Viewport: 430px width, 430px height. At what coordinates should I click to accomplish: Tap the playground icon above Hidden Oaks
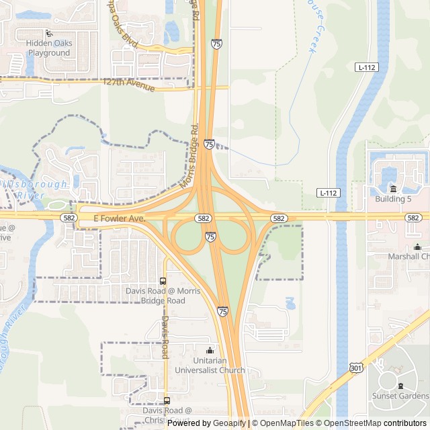(48, 33)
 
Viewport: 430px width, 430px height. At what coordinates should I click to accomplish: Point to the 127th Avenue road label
(129, 85)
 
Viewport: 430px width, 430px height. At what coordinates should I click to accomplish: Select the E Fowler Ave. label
(119, 218)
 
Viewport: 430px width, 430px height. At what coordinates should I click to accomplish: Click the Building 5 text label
(394, 200)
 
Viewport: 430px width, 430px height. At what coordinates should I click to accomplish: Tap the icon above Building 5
(394, 188)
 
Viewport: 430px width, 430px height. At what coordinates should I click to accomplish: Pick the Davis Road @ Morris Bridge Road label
(163, 296)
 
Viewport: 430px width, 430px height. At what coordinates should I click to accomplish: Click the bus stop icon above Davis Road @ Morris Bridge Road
(163, 280)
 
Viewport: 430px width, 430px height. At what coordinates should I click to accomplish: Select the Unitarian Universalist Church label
(210, 365)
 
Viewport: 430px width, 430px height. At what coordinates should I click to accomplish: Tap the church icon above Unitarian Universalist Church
(210, 350)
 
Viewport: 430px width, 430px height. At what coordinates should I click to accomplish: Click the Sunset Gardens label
(403, 396)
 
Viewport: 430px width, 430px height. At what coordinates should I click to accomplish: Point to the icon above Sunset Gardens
(401, 386)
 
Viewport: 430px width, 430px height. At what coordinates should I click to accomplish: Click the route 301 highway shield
(356, 367)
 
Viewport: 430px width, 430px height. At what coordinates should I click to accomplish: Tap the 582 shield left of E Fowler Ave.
(68, 218)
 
